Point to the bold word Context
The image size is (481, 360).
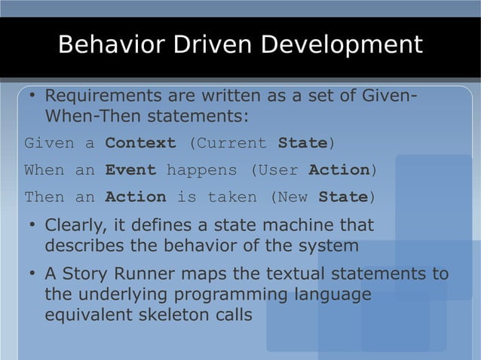pyautogui.click(x=140, y=143)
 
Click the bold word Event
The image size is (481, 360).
pyautogui.click(x=130, y=170)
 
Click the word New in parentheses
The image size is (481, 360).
pyautogui.click(x=293, y=197)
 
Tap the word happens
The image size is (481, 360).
pyautogui.click(x=201, y=170)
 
